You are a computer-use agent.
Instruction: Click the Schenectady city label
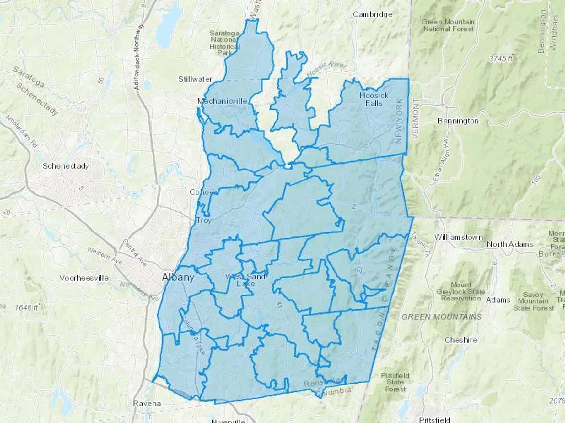[x=66, y=166]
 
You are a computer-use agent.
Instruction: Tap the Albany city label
[x=178, y=277]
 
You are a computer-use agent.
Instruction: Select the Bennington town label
[x=458, y=121]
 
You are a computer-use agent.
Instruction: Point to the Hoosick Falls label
[x=374, y=99]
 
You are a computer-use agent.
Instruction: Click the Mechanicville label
[x=222, y=101]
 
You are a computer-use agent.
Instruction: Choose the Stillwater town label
[x=195, y=79]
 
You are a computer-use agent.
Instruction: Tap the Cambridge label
[x=373, y=14]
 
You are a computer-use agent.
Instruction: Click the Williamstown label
[x=458, y=237]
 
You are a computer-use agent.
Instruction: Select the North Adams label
[x=510, y=244]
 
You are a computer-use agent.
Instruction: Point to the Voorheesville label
[x=84, y=278]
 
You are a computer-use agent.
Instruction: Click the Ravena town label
[x=147, y=403]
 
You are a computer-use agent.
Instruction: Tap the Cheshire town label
[x=461, y=340]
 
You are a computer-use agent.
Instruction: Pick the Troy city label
[x=204, y=220]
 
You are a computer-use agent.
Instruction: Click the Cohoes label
[x=203, y=192]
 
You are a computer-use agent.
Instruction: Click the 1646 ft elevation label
[x=26, y=308]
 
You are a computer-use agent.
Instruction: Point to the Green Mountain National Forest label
[x=448, y=25]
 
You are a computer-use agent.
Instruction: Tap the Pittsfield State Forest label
[x=395, y=382]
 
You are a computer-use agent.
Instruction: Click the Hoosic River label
[x=326, y=69]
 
